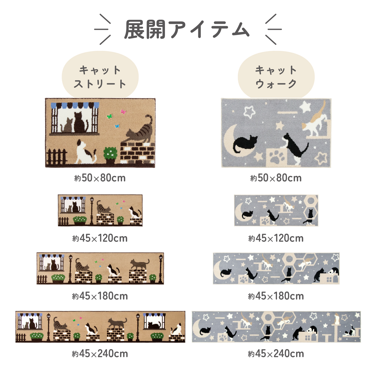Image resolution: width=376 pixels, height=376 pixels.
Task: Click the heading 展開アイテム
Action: pos(187,30)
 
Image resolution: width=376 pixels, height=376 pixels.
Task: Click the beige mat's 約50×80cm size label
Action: pos(100,178)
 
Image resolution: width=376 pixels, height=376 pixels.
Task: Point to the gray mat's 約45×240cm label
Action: pos(276,354)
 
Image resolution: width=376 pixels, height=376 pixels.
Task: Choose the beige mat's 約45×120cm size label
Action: pos(100,238)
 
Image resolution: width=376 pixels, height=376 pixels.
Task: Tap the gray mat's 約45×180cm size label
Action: pos(276,296)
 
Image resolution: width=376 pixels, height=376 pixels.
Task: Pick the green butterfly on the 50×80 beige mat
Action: pos(110,116)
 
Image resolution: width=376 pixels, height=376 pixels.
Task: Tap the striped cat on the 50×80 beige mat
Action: pos(139,130)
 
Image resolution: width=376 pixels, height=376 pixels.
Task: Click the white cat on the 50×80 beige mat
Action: pos(85,152)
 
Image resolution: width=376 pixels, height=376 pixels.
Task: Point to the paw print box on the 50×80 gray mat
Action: pos(276,157)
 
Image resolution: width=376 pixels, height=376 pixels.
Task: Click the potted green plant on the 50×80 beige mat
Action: pos(110,155)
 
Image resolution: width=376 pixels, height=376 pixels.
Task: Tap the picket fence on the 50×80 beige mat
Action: pos(57,157)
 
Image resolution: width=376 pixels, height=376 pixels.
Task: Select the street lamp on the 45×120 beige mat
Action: pos(92,211)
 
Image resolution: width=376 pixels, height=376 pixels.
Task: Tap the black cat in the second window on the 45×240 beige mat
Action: pos(153,325)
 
